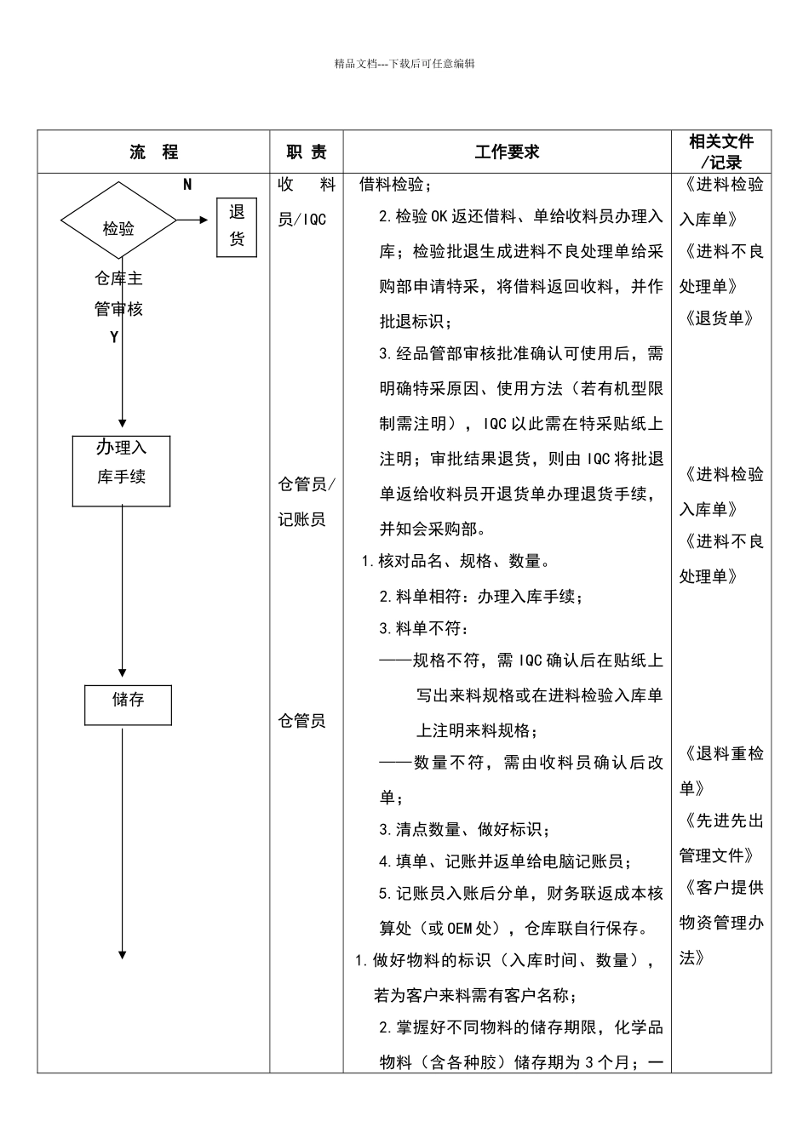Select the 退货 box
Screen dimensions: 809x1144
coord(236,226)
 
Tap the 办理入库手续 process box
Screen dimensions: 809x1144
coord(121,471)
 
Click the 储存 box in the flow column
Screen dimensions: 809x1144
coord(128,704)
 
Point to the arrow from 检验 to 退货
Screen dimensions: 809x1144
coord(193,220)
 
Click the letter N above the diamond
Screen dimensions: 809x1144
coord(187,185)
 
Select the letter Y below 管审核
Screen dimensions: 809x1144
coord(114,338)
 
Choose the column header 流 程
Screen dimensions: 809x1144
coord(154,152)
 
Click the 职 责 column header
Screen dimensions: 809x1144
coord(307,152)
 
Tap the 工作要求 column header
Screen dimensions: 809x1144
coord(507,152)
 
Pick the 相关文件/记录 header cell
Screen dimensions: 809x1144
coord(720,152)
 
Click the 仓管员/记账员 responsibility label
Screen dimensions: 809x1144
coord(307,501)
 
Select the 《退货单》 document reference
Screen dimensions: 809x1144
coord(720,318)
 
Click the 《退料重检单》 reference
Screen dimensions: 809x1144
coord(720,770)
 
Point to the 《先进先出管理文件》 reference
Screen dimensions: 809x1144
coord(720,838)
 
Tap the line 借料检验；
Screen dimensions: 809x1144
coord(396,184)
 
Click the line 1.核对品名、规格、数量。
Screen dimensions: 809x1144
coord(456,561)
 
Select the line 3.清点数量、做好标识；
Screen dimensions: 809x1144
coord(464,829)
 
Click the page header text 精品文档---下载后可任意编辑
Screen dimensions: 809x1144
coord(404,64)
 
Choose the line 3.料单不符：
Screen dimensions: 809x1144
coord(424,628)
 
